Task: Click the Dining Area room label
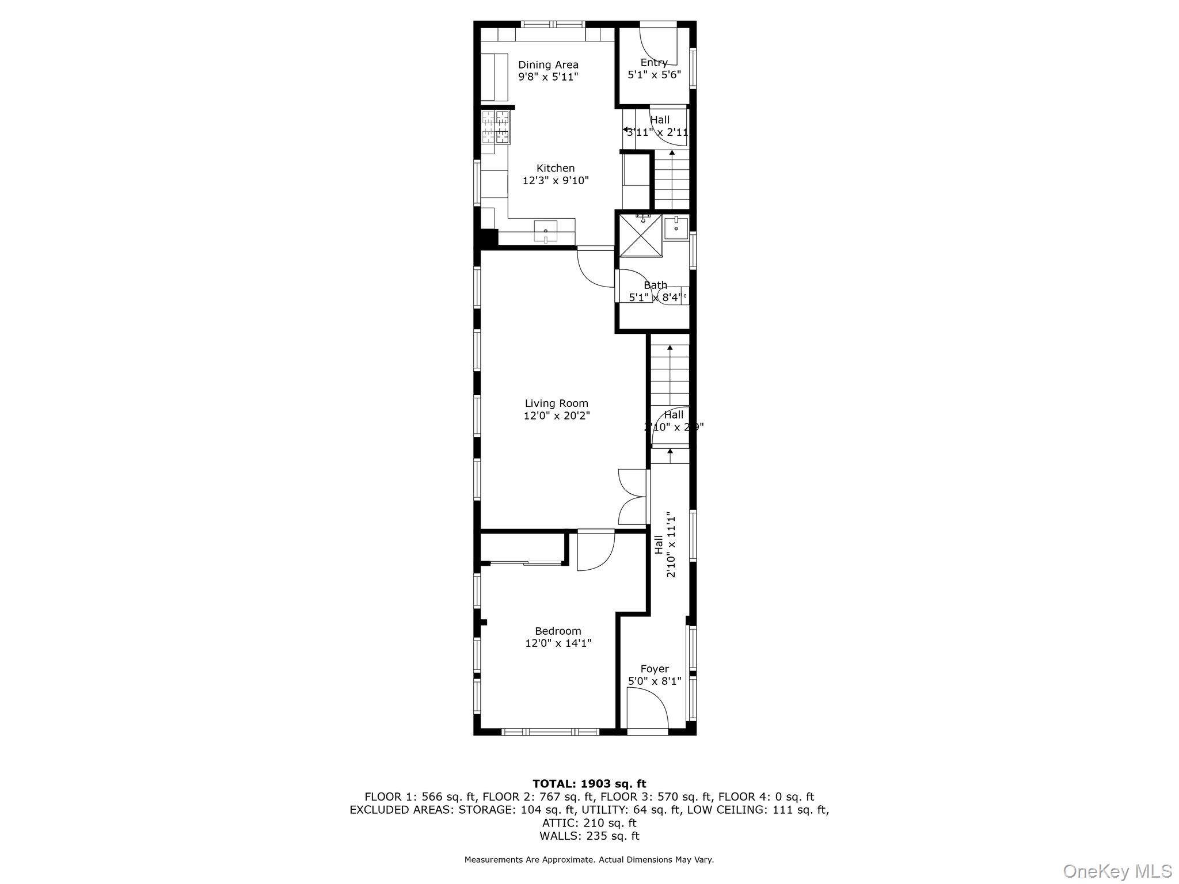pyautogui.click(x=547, y=65)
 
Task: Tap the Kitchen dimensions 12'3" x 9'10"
pyautogui.click(x=556, y=181)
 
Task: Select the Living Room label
pyautogui.click(x=556, y=403)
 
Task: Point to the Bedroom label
pyautogui.click(x=558, y=631)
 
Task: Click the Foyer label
pyautogui.click(x=655, y=669)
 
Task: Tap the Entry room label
pyautogui.click(x=654, y=63)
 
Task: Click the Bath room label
pyautogui.click(x=655, y=285)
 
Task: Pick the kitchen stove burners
pyautogui.click(x=496, y=127)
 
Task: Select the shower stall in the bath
pyautogui.click(x=640, y=235)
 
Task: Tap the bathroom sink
pyautogui.click(x=676, y=227)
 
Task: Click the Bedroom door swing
pyautogui.click(x=595, y=551)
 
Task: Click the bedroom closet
pyautogui.click(x=522, y=548)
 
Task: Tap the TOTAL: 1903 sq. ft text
pyautogui.click(x=589, y=783)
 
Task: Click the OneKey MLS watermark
pyautogui.click(x=1117, y=871)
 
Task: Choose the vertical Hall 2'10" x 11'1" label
pyautogui.click(x=665, y=544)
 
